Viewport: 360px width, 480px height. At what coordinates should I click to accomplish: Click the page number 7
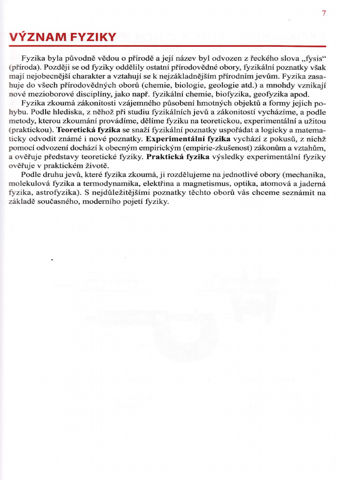(x=323, y=13)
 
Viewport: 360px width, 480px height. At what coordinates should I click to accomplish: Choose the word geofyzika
(x=272, y=94)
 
